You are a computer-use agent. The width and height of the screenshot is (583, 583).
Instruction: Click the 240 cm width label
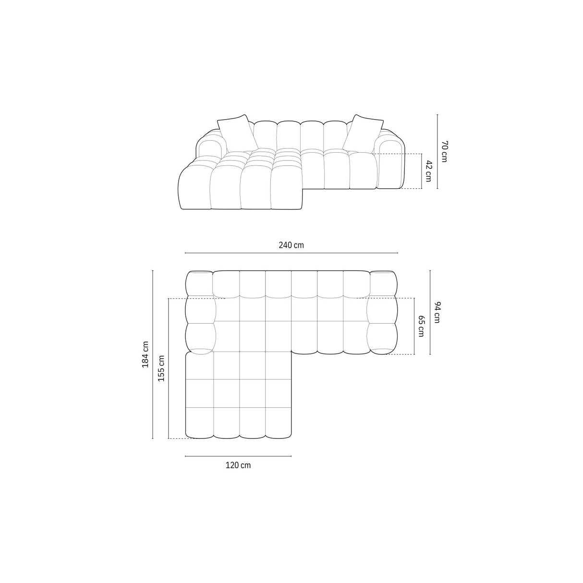tap(291, 245)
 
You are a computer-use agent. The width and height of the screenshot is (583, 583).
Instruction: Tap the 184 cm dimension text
tap(145, 354)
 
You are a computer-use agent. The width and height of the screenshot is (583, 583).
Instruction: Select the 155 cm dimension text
tap(161, 368)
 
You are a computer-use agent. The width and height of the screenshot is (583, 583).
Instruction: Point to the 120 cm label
tap(238, 465)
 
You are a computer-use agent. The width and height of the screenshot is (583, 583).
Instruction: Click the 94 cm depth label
tap(437, 312)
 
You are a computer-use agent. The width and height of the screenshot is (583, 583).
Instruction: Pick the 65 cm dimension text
tap(421, 326)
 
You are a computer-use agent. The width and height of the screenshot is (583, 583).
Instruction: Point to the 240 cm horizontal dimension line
tap(291, 253)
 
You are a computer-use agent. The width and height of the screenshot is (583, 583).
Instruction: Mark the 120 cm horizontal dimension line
tap(238, 456)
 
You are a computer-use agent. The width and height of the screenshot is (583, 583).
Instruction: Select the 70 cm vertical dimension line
tap(437, 151)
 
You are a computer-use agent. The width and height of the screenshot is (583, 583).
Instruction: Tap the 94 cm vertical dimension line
tap(430, 312)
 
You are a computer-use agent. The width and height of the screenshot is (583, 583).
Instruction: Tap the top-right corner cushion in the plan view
tap(382, 283)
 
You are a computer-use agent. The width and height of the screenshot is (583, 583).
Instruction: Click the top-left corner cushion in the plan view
tap(199, 283)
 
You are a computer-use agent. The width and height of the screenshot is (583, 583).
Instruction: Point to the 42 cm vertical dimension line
tap(422, 171)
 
